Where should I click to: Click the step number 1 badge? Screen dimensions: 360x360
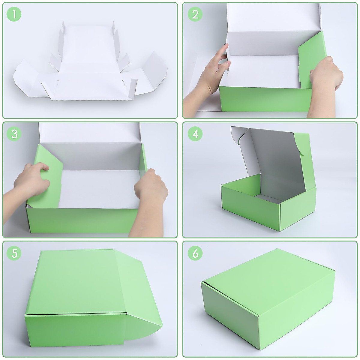click(14, 14)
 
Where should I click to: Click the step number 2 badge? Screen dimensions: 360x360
click(195, 14)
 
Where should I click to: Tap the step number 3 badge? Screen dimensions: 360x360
click(14, 134)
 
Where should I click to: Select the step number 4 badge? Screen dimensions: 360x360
click(195, 134)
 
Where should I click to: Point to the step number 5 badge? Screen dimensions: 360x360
click(14, 253)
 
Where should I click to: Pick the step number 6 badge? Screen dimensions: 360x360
click(195, 253)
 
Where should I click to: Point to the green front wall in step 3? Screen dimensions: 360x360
click(82, 220)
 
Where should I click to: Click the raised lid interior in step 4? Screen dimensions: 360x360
click(277, 164)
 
